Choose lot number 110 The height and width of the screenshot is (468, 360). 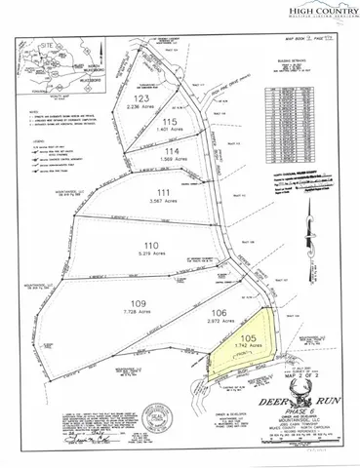pos(150,244)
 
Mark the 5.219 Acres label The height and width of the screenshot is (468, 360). pos(150,255)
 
